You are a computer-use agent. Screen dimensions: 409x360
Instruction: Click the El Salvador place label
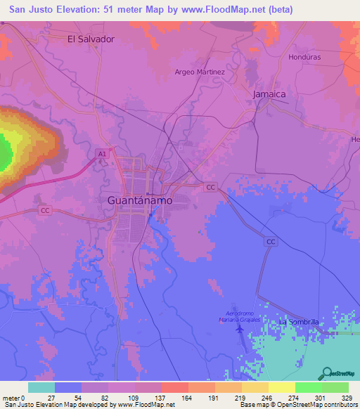click(x=91, y=39)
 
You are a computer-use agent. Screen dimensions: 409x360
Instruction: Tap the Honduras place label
click(x=304, y=57)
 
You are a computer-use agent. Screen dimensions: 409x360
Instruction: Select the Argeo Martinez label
click(x=200, y=72)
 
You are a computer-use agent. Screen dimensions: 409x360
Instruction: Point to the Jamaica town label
click(x=269, y=93)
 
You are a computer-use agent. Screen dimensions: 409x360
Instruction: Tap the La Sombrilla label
click(x=300, y=321)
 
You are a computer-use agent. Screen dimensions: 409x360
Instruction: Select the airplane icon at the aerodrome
click(x=240, y=327)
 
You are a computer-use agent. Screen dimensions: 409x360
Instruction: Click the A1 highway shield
click(x=101, y=152)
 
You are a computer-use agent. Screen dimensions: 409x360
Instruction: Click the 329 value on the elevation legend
click(x=348, y=397)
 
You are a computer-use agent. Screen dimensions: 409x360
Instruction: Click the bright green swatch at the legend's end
click(x=335, y=387)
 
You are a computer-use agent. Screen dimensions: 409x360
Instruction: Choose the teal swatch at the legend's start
click(x=41, y=387)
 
